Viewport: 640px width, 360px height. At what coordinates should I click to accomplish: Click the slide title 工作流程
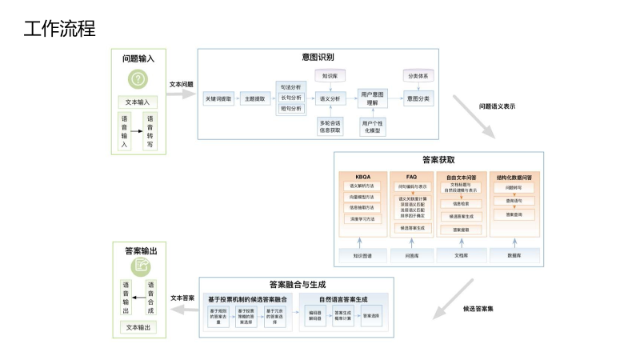click(59, 29)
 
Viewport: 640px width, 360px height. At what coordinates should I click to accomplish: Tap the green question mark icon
click(138, 79)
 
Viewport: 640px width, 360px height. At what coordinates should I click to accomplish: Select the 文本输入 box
click(138, 102)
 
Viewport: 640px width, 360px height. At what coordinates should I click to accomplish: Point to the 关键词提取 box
click(218, 99)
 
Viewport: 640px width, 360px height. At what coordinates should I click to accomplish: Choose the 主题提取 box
click(257, 99)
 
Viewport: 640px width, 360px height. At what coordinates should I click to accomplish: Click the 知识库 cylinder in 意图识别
click(330, 78)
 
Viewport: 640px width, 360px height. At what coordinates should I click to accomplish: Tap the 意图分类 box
click(418, 99)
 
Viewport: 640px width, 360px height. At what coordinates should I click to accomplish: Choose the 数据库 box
click(514, 256)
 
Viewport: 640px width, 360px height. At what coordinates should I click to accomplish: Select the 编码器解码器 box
click(315, 315)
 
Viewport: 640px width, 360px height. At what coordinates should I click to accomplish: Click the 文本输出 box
click(138, 327)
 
